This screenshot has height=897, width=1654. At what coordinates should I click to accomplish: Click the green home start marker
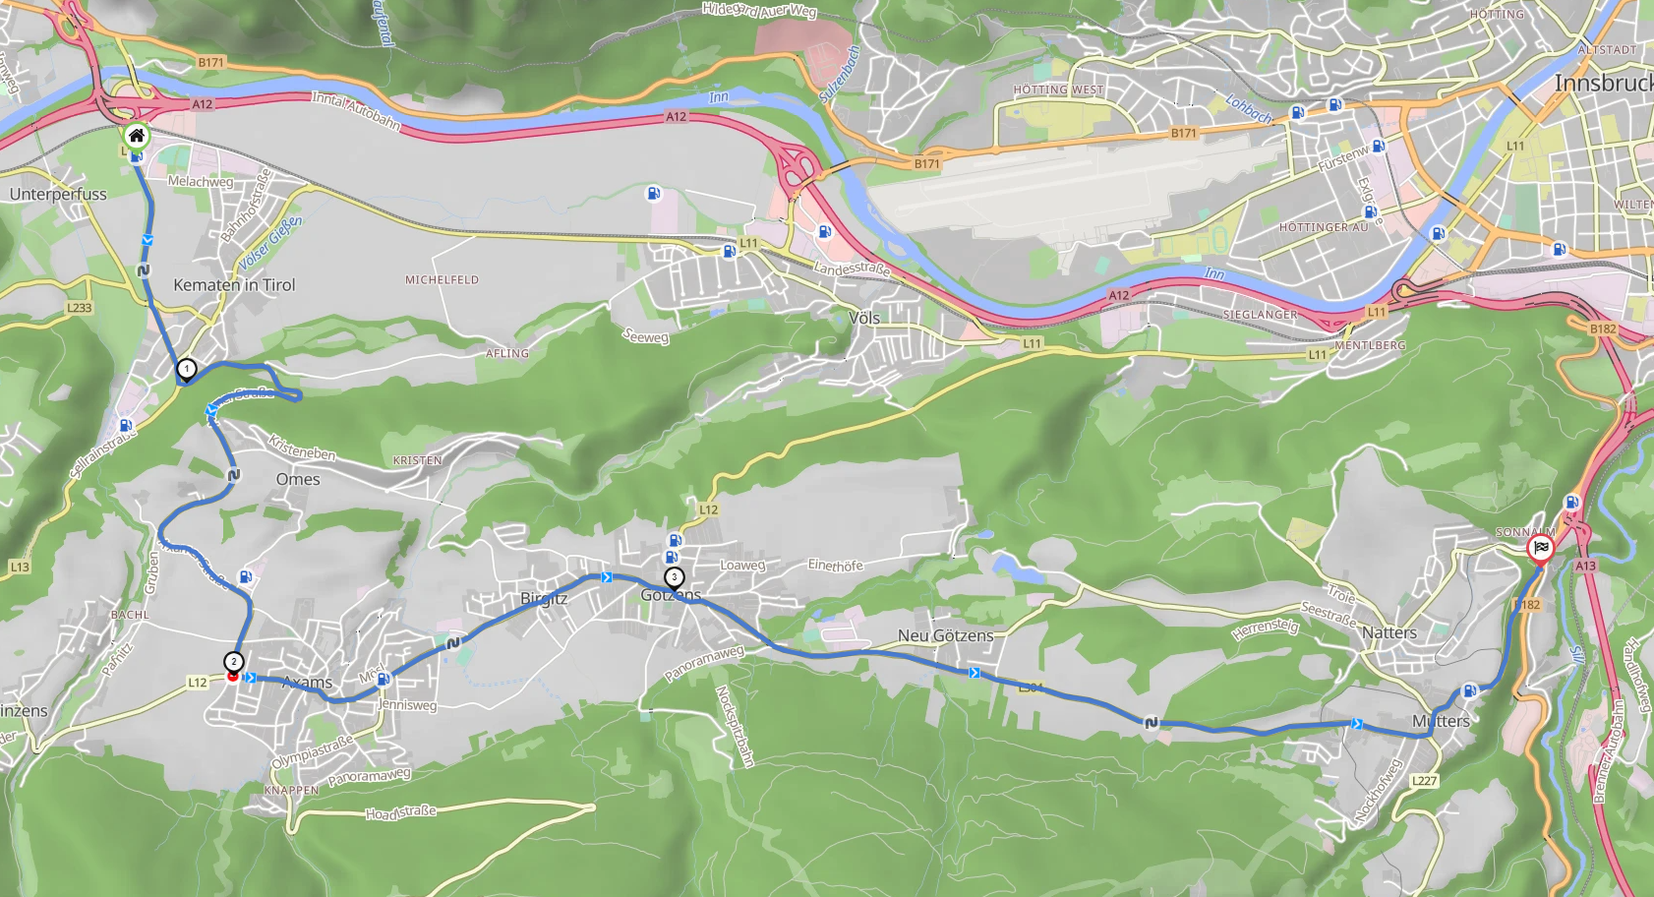click(x=137, y=136)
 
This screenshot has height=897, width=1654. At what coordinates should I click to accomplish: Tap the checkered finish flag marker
click(x=1540, y=548)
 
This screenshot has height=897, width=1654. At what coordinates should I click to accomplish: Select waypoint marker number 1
click(x=186, y=369)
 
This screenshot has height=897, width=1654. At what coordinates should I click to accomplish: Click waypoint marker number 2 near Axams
click(x=233, y=662)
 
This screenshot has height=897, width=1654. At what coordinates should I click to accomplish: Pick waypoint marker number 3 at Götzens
click(x=674, y=577)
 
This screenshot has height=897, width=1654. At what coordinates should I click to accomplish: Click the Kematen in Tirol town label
click(x=234, y=285)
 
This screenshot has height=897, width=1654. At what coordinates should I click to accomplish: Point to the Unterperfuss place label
click(x=58, y=194)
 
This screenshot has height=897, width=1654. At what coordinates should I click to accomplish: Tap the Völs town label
click(x=863, y=318)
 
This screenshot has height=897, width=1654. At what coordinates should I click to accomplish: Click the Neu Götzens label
click(x=945, y=635)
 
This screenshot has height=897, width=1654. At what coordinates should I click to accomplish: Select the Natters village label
click(x=1388, y=632)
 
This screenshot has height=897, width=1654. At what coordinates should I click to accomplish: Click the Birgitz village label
click(x=544, y=598)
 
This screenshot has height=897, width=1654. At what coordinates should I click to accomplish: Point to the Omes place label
click(x=298, y=479)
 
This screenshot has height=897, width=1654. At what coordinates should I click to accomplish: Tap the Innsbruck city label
click(x=1603, y=84)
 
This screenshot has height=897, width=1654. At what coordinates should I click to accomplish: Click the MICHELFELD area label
click(x=442, y=280)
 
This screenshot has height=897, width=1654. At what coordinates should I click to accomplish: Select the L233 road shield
click(x=80, y=308)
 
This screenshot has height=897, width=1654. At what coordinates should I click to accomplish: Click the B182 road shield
click(x=1603, y=329)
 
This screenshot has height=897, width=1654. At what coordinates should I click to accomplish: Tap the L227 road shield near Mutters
click(x=1424, y=781)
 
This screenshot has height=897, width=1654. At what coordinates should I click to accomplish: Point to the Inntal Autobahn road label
click(x=356, y=110)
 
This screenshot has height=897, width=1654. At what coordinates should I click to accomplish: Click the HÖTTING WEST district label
click(x=1058, y=90)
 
